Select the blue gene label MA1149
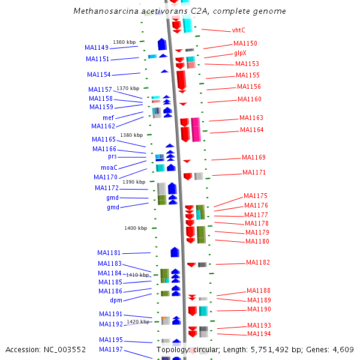pyautogui.click(x=97, y=47)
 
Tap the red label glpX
pyautogui.click(x=240, y=53)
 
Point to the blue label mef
pyautogui.click(x=108, y=118)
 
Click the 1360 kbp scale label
pyautogui.click(x=124, y=42)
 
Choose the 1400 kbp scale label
pyautogui.click(x=136, y=228)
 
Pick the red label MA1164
pyautogui.click(x=252, y=130)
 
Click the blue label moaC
pyautogui.click(x=109, y=167)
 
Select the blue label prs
pyautogui.click(x=112, y=156)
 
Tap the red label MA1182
pyautogui.click(x=258, y=262)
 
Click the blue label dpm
pyautogui.click(x=116, y=300)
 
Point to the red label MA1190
pyautogui.click(x=259, y=309)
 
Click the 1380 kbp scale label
pyautogui.click(x=131, y=135)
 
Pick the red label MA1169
pyautogui.click(x=254, y=157)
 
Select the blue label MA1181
pyautogui.click(x=109, y=253)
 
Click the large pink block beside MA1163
pyautogui.click(x=196, y=129)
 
